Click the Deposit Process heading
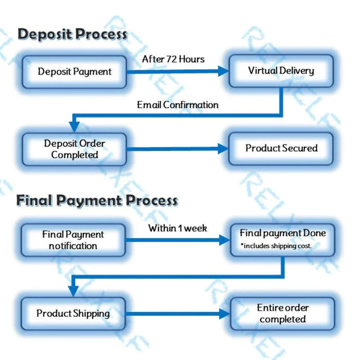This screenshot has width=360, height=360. pyautogui.click(x=72, y=34)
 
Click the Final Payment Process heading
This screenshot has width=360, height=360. pyautogui.click(x=97, y=200)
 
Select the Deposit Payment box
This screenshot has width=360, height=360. pyautogui.click(x=74, y=72)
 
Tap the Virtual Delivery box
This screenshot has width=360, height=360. pyautogui.click(x=281, y=71)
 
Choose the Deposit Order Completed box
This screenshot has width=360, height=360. pyautogui.click(x=74, y=149)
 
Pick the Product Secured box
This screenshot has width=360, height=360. pyautogui.click(x=281, y=148)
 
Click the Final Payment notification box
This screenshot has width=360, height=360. pyautogui.click(x=73, y=240)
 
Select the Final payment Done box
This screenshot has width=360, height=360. pyautogui.click(x=283, y=238)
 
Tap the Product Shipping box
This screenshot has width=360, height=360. pyautogui.click(x=73, y=313)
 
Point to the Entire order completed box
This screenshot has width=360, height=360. pyautogui.click(x=283, y=313)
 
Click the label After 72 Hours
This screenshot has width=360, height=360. pyautogui.click(x=173, y=59)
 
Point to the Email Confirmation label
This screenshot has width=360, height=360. pyautogui.click(x=178, y=105)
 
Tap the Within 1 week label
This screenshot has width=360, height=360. pyautogui.click(x=178, y=228)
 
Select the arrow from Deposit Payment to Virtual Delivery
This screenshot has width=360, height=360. pyautogui.click(x=178, y=71)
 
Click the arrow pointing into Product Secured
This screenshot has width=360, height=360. pyautogui.click(x=178, y=148)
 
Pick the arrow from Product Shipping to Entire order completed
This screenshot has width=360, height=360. pyautogui.click(x=178, y=314)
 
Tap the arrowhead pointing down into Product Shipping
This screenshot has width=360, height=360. pyautogui.click(x=74, y=290)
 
